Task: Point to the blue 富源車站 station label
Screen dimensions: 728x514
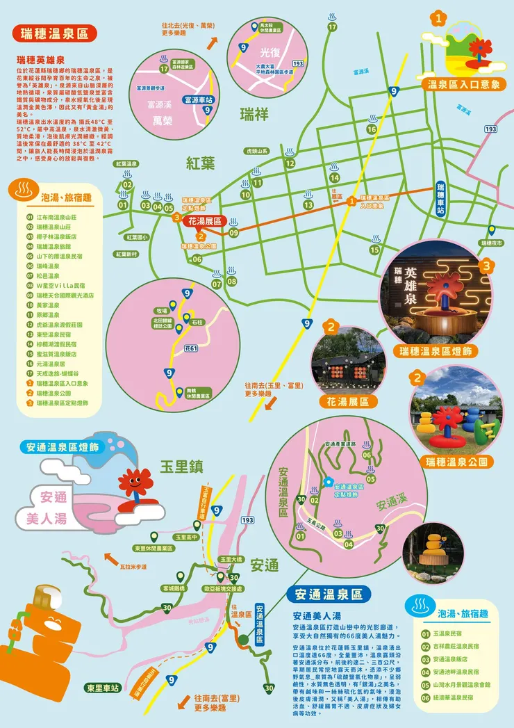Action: (x=198, y=99)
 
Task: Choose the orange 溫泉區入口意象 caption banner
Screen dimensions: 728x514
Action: (x=461, y=83)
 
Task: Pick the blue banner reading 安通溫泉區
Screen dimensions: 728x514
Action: (x=329, y=594)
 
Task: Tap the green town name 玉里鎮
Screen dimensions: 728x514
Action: (x=184, y=466)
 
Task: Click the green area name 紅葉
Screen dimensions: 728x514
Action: (x=201, y=163)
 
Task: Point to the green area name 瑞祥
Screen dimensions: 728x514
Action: (x=254, y=114)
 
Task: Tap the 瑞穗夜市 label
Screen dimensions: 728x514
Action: (x=494, y=243)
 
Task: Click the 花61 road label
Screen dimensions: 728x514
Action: (x=191, y=348)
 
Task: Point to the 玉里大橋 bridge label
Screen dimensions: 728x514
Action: (x=231, y=559)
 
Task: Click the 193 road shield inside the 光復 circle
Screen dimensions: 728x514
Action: (x=298, y=63)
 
